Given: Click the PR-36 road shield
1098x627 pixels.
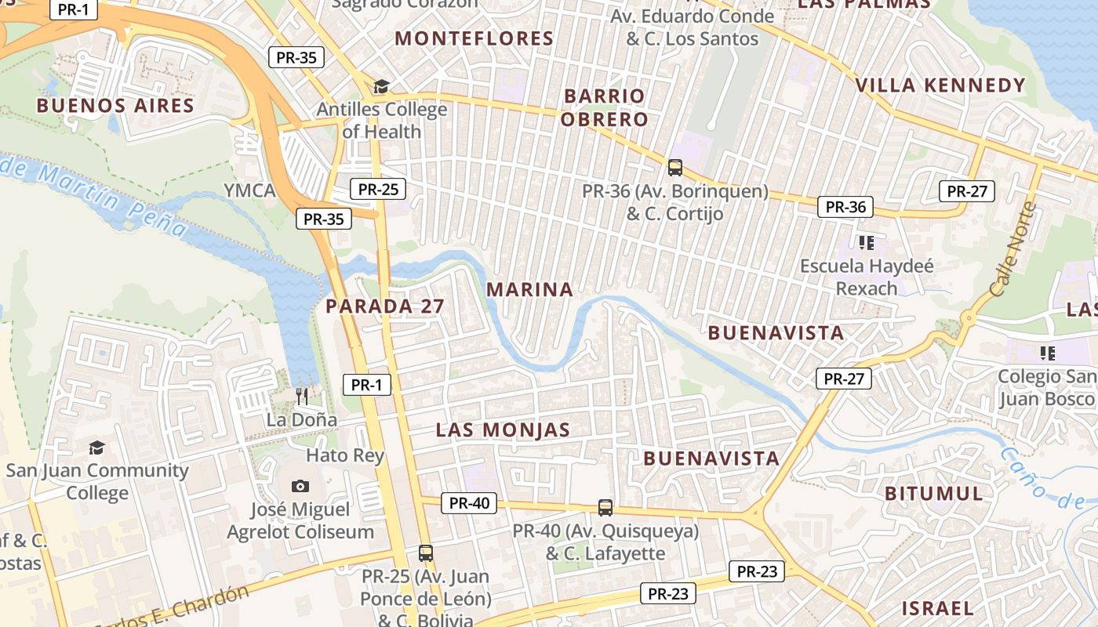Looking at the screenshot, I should tap(845, 207).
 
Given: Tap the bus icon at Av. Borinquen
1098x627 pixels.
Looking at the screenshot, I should tap(675, 167).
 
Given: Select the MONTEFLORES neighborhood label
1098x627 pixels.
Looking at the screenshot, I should tap(474, 38).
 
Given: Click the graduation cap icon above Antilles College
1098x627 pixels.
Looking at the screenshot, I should tap(381, 86).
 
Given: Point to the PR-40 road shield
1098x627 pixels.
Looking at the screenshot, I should tap(469, 503).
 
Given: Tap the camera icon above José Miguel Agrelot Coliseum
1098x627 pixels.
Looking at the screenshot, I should tap(300, 487).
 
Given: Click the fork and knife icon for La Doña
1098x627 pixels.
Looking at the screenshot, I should tap(302, 396).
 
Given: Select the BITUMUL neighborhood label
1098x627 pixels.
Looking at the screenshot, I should tap(933, 494).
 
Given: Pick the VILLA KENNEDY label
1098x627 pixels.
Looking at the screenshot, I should tap(940, 85).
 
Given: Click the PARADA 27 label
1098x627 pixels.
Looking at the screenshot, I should tap(385, 306).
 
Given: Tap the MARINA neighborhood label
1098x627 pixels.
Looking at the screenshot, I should tap(529, 290).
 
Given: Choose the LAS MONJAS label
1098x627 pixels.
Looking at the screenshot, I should tap(503, 430).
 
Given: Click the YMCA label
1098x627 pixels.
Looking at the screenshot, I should tap(249, 190).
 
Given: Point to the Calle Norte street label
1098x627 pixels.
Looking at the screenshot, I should tap(1013, 249).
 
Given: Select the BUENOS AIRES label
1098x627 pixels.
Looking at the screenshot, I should tap(115, 106).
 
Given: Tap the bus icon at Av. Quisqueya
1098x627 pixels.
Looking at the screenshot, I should tap(605, 507).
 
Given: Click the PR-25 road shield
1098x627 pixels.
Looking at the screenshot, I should tap(378, 189).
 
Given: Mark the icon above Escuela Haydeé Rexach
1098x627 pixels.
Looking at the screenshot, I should tap(866, 242).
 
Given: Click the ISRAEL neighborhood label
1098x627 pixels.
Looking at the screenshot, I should tap(937, 608).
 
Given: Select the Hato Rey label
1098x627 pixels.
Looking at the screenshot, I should tap(345, 455).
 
